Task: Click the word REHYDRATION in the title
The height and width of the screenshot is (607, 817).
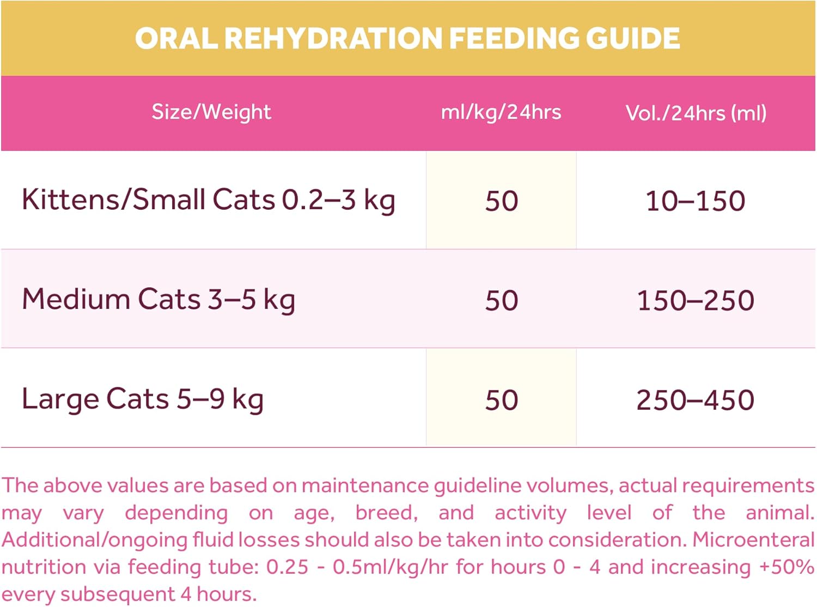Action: point(333,38)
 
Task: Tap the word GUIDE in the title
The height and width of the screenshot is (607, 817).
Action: point(633,38)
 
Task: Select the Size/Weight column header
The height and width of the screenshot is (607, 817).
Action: point(211,112)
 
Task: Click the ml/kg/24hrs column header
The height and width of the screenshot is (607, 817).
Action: point(501,112)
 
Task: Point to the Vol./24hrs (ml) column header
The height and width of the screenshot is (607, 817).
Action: point(696,113)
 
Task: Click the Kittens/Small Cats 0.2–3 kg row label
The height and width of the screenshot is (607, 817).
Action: point(208,199)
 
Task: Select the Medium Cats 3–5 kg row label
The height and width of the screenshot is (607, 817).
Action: point(158,300)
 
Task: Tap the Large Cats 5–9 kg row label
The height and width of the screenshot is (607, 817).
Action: point(143,399)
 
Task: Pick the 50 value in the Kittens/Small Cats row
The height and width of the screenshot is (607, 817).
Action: point(502,201)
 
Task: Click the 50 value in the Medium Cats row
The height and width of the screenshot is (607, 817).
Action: point(502,301)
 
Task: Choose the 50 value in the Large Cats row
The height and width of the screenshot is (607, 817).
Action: point(502,400)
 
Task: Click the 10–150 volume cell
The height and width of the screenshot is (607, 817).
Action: point(696,201)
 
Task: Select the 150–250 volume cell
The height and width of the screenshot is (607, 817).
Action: point(696,301)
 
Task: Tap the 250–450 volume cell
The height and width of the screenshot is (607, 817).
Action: point(696,400)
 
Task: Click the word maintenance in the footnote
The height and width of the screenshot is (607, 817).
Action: point(366,485)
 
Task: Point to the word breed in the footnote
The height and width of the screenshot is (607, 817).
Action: point(386,513)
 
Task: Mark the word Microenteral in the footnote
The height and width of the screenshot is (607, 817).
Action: point(753,539)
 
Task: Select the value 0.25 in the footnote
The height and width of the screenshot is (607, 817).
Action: point(287,567)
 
